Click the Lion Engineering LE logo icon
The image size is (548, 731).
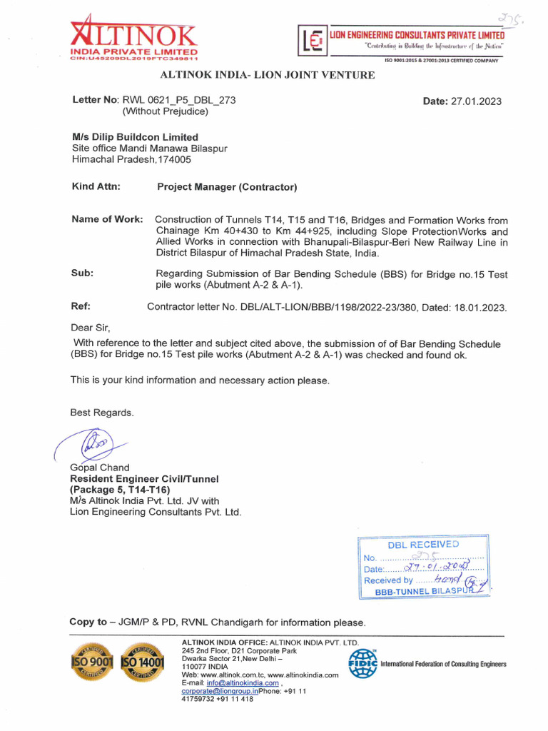pos(311,41)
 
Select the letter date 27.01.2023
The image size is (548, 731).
pos(476,101)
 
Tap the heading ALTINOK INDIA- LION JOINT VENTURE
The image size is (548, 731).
pos(267,75)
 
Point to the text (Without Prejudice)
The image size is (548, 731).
pos(166,111)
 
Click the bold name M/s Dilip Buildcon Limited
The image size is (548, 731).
pos(135,137)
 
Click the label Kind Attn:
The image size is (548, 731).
pos(96,187)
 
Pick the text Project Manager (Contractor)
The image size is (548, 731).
pos(227,188)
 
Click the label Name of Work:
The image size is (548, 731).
pos(107,219)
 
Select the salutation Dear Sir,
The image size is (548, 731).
pos(90,328)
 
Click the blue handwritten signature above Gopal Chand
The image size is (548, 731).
pos(93,445)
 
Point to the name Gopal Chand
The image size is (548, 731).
pos(99,468)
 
